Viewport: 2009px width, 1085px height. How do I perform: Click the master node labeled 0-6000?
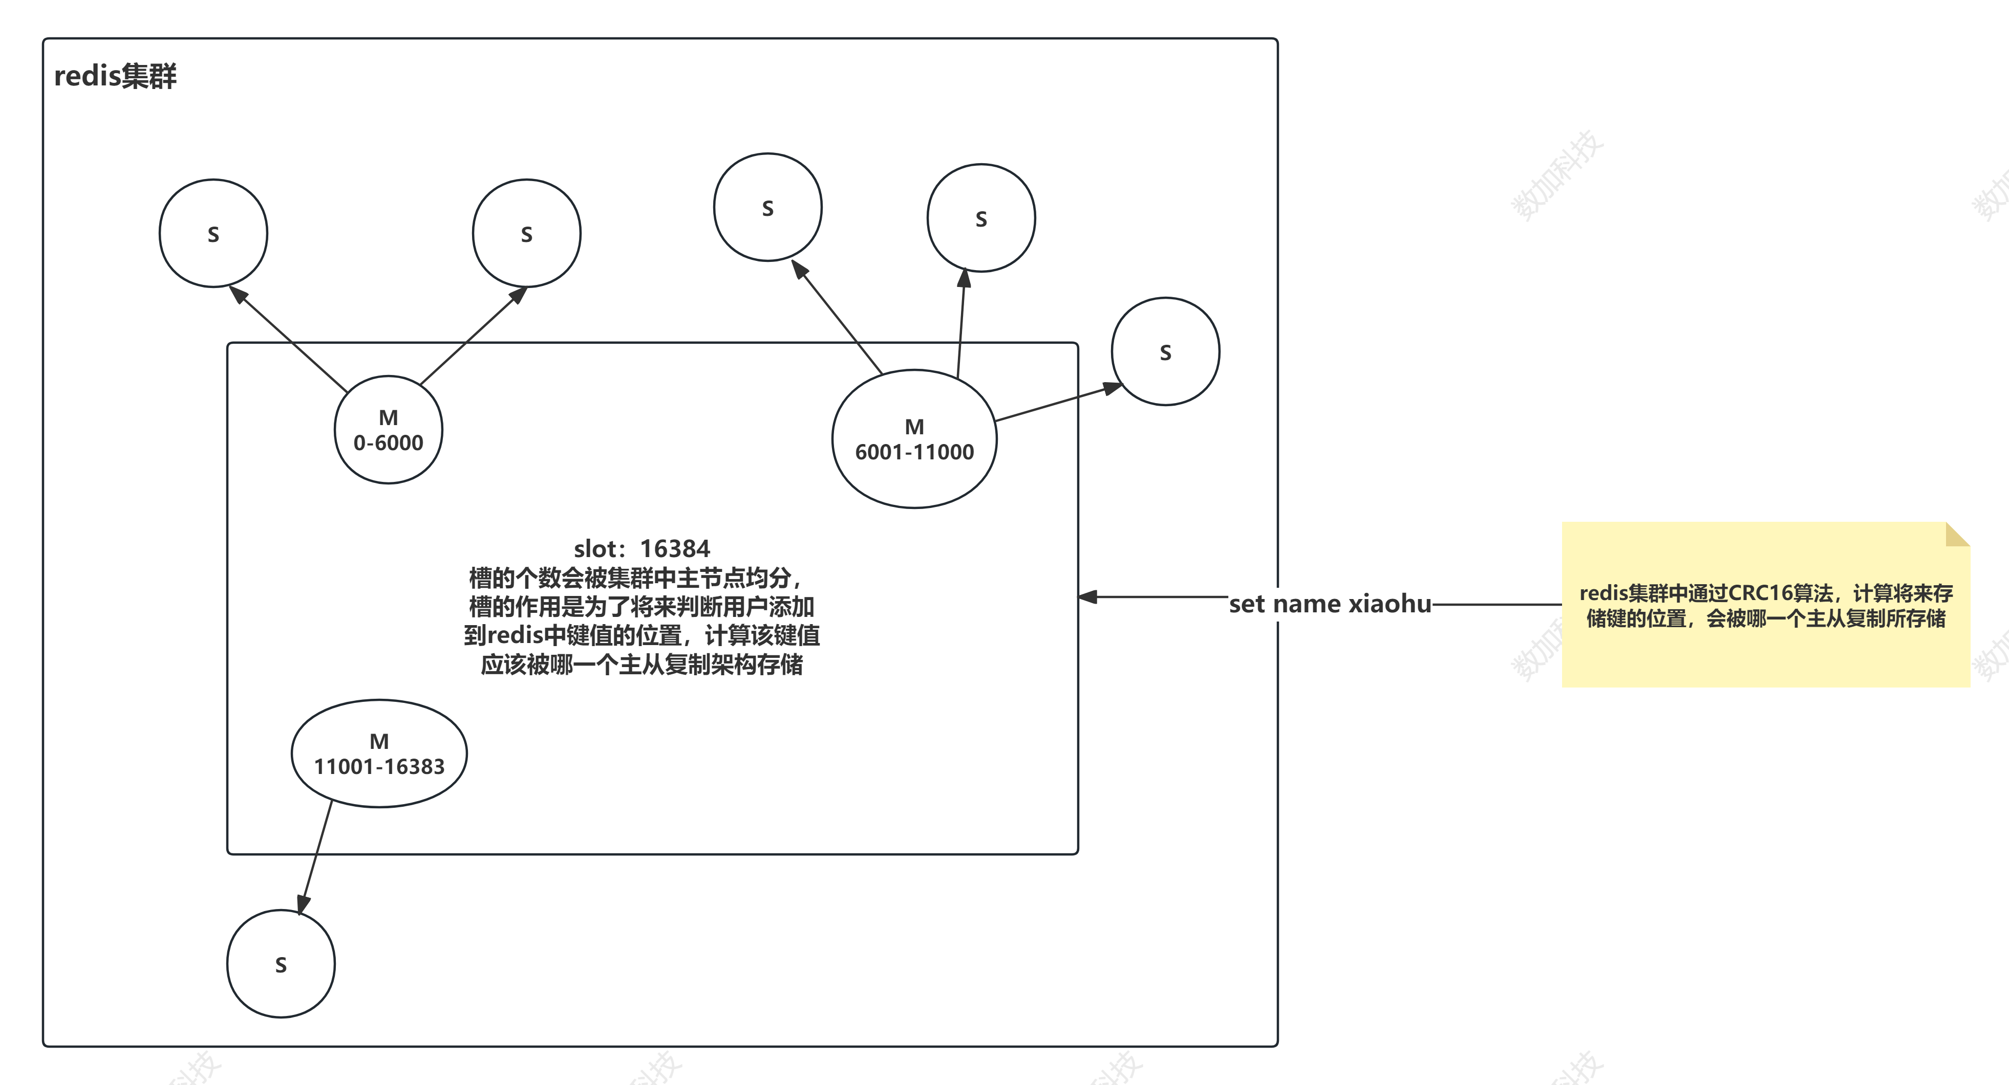click(389, 430)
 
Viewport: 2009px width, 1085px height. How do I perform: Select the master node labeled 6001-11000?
click(914, 439)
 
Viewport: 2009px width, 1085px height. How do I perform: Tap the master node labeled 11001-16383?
click(379, 754)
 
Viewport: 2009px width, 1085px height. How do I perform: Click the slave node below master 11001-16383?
click(281, 964)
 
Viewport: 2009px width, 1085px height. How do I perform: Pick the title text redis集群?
click(115, 76)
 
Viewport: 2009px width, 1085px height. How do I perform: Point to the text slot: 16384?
click(642, 549)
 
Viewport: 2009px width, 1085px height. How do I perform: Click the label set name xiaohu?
click(1330, 604)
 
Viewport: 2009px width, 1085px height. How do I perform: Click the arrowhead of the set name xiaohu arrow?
click(1087, 597)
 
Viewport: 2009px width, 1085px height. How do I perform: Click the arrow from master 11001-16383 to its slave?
click(316, 857)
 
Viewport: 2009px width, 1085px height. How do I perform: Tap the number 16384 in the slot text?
click(675, 549)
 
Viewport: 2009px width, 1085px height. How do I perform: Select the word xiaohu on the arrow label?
click(1390, 604)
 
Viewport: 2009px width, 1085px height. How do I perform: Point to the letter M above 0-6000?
click(389, 418)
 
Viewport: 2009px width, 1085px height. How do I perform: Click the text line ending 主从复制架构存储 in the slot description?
click(642, 665)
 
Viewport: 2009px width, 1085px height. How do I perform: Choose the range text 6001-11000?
click(914, 452)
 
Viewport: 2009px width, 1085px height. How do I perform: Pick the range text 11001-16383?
click(379, 767)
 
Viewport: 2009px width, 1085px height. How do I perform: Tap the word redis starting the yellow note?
click(1604, 593)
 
